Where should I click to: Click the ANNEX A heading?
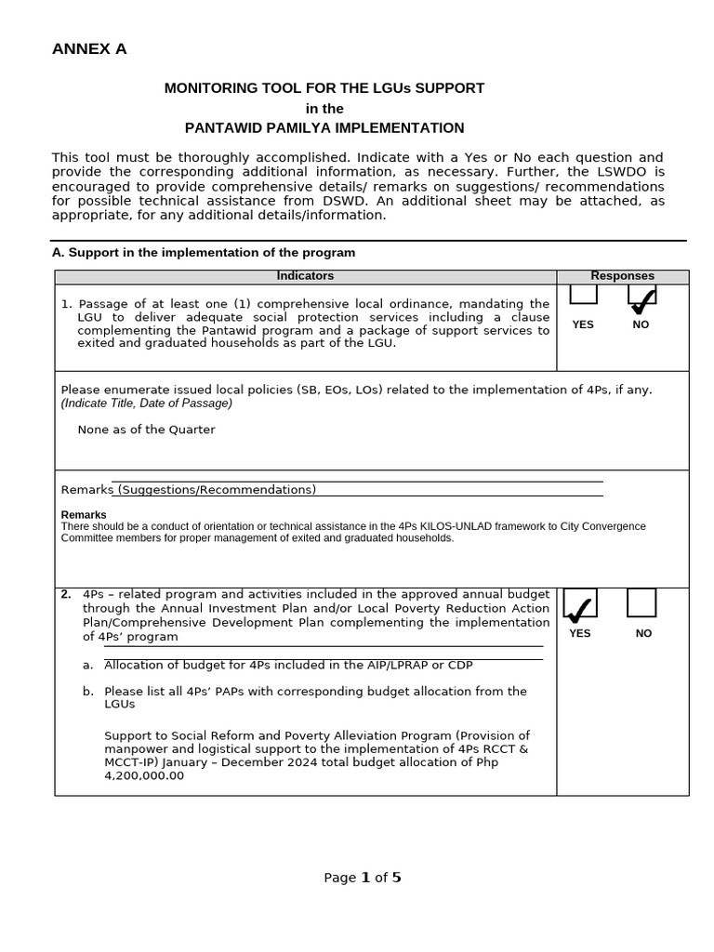(x=89, y=49)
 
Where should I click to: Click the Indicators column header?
(x=305, y=276)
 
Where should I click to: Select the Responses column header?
(x=622, y=276)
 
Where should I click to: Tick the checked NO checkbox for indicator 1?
(x=641, y=296)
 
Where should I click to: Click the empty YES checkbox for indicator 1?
(x=583, y=295)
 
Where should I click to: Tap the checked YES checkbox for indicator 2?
(x=580, y=604)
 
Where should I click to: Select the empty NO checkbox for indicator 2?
(x=641, y=602)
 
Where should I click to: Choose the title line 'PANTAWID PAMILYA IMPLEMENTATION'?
(x=324, y=127)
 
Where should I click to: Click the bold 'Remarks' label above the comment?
(x=84, y=514)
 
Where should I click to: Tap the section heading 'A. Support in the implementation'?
(x=203, y=253)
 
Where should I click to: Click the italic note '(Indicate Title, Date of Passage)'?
(x=147, y=403)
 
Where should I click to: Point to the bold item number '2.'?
(x=66, y=594)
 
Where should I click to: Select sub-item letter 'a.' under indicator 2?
(x=87, y=665)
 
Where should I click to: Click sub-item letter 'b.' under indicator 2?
(x=87, y=691)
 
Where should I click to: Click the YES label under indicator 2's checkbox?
(x=580, y=633)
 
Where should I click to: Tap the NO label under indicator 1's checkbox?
(x=641, y=324)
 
